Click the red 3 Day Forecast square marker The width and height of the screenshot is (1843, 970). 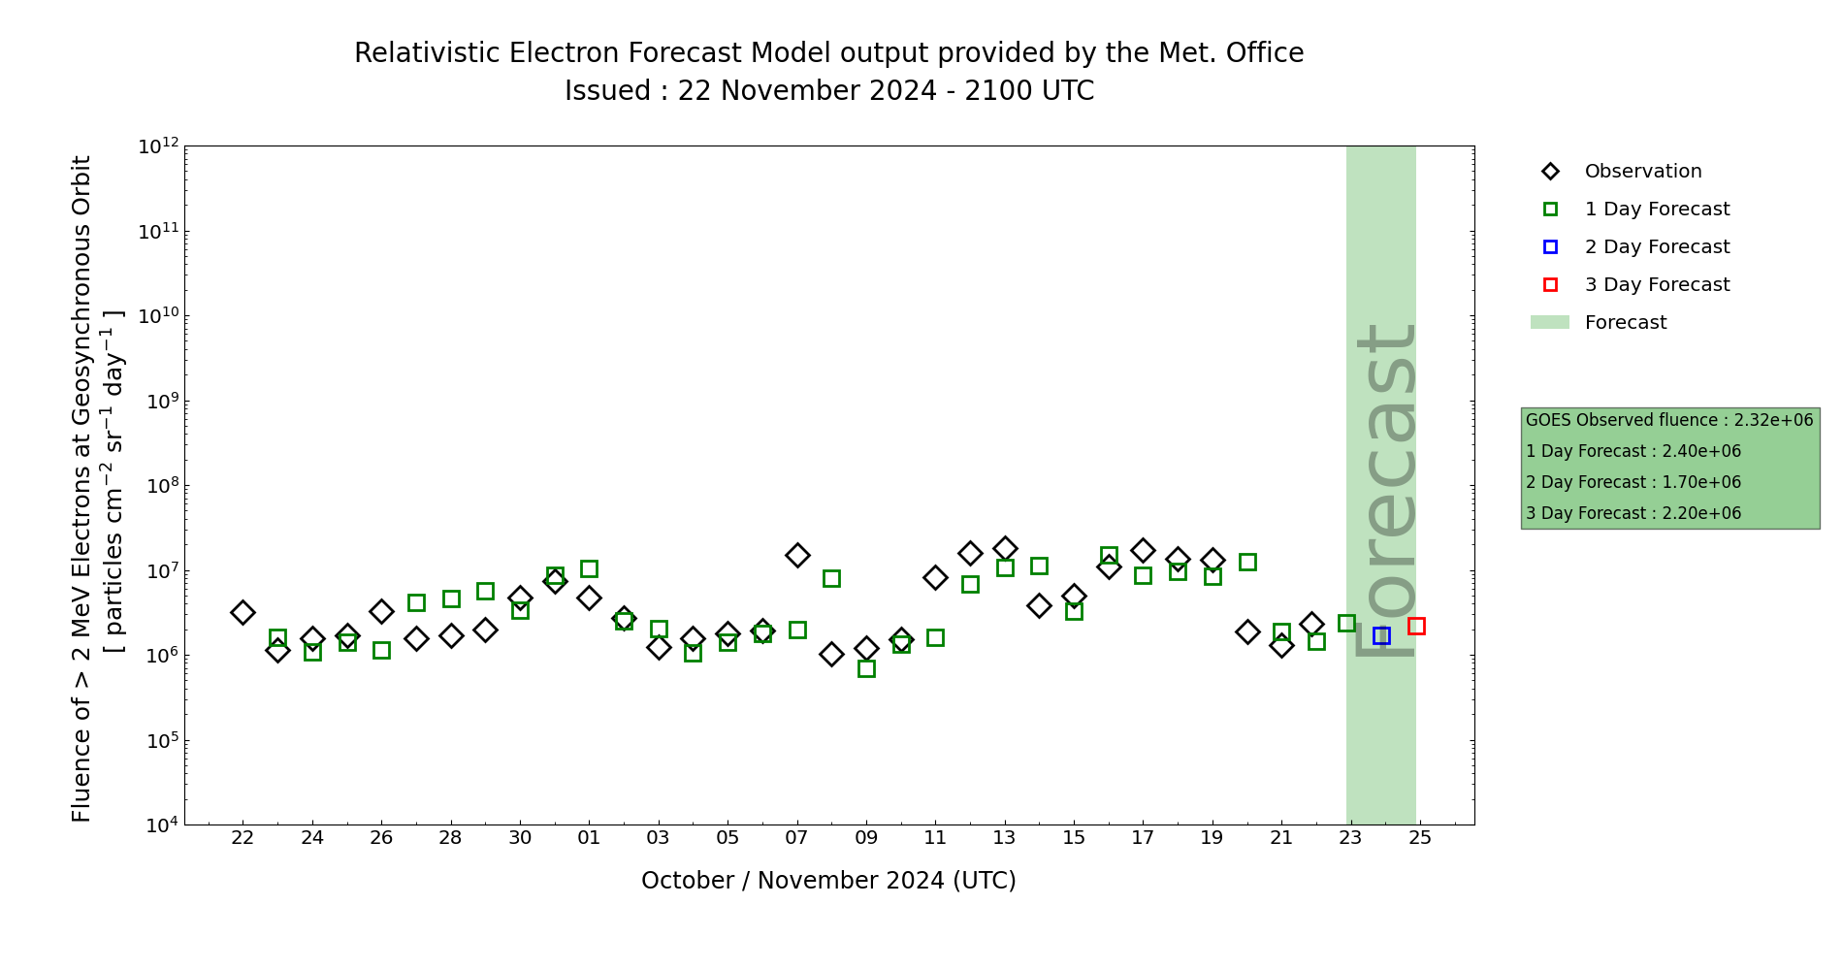[x=1416, y=626]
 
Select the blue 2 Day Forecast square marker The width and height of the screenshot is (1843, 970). [x=1381, y=635]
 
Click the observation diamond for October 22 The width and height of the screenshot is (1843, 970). [x=242, y=612]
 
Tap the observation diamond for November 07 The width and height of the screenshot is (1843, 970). [x=797, y=555]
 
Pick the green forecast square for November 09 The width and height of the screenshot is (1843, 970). [x=866, y=668]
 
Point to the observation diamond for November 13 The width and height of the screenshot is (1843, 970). [x=1005, y=549]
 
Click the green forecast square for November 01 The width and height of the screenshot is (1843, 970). [x=589, y=568]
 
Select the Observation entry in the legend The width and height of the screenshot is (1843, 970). [x=1642, y=172]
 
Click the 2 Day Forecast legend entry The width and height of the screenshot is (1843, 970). [x=1656, y=247]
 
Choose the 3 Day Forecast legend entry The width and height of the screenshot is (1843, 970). [x=1656, y=285]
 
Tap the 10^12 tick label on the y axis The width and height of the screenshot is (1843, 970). [x=158, y=146]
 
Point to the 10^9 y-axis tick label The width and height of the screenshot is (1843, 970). [x=158, y=402]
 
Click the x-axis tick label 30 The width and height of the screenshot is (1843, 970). [x=520, y=837]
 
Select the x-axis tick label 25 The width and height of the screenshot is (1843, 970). [x=1420, y=837]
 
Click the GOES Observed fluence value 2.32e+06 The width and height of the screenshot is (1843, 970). [x=1773, y=421]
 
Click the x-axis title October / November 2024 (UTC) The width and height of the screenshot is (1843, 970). [x=828, y=881]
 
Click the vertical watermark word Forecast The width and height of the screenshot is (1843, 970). [x=1384, y=490]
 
